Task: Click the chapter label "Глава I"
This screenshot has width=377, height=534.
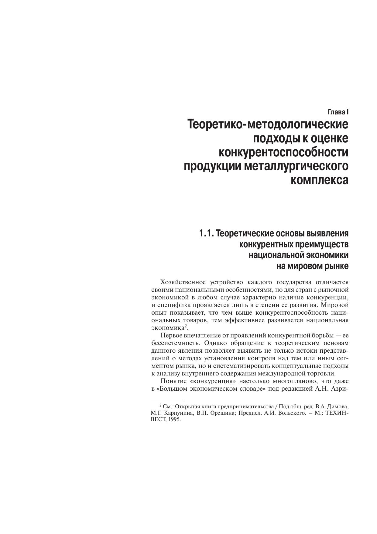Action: [338, 112]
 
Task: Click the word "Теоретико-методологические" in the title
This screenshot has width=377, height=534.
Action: [268, 125]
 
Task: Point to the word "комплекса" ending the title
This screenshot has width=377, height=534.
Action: [319, 180]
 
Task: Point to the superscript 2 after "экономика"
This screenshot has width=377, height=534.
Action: [186, 326]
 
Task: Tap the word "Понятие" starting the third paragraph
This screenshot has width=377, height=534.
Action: [172, 381]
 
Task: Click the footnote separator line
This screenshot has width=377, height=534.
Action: [167, 401]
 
